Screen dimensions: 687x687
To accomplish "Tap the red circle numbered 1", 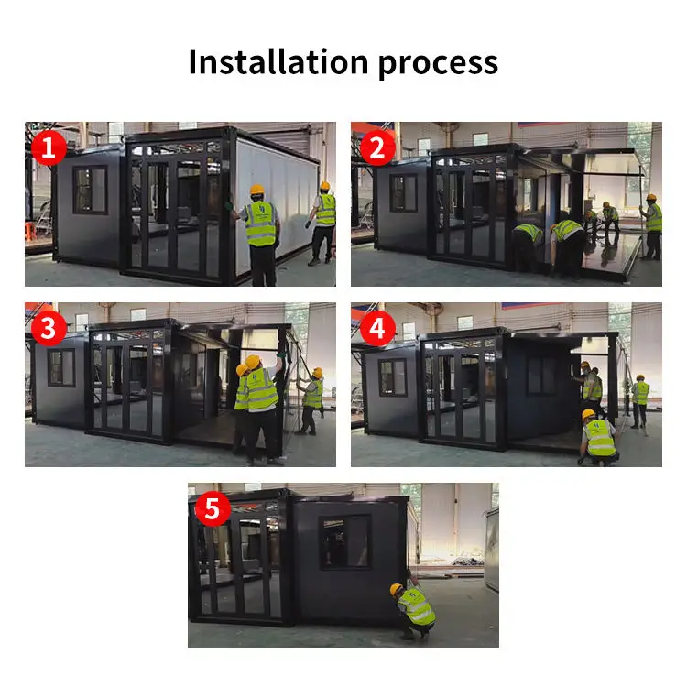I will click(49, 147).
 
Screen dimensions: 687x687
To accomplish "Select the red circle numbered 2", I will click(376, 147).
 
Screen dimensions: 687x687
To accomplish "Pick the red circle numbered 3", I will click(49, 327).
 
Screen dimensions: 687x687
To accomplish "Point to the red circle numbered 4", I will click(376, 327).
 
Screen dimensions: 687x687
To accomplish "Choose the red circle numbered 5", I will click(213, 508).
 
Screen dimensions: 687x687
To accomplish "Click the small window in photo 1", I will click(90, 190).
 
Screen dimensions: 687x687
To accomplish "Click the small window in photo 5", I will click(345, 540).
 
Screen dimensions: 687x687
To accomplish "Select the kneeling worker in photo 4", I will click(598, 437).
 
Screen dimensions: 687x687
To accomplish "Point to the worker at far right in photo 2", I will click(651, 224).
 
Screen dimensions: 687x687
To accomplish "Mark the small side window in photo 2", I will click(402, 192).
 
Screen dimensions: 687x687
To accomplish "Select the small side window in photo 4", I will click(392, 376).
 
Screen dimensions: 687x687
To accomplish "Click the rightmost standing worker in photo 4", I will click(640, 401).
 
